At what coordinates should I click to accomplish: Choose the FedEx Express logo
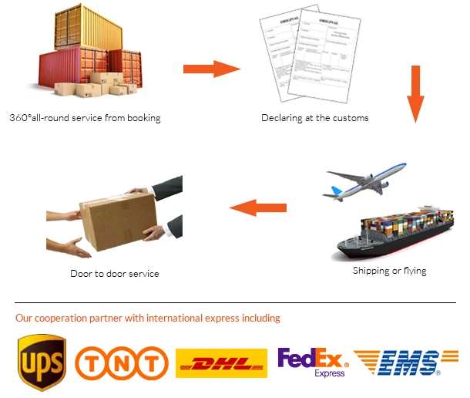(x=313, y=361)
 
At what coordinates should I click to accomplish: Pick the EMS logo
(x=399, y=362)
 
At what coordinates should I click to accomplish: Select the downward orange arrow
(x=416, y=93)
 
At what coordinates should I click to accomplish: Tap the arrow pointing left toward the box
(x=259, y=206)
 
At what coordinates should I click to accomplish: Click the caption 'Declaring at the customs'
(x=314, y=118)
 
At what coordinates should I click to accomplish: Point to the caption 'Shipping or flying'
(x=389, y=271)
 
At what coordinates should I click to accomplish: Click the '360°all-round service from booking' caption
(x=86, y=118)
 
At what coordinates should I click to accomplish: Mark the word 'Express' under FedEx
(x=330, y=373)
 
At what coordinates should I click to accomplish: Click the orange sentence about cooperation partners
(x=148, y=318)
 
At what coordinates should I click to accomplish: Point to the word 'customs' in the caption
(x=351, y=118)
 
